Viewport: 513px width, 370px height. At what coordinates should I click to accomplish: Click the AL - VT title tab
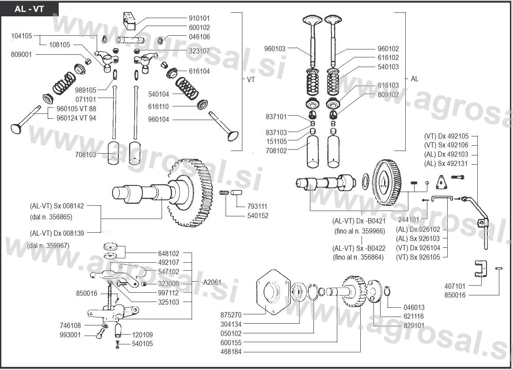click(x=29, y=9)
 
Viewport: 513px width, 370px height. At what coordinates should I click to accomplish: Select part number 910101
click(x=199, y=19)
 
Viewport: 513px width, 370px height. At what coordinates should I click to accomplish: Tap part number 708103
click(x=85, y=155)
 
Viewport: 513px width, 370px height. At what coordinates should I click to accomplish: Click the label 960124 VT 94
click(x=76, y=118)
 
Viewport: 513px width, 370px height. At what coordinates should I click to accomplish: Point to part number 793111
click(x=257, y=206)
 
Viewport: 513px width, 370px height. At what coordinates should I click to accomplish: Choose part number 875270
click(x=231, y=315)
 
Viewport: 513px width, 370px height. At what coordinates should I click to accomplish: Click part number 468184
click(x=231, y=352)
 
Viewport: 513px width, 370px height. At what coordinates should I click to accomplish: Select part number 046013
click(x=414, y=307)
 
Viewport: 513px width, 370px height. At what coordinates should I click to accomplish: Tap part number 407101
click(x=455, y=286)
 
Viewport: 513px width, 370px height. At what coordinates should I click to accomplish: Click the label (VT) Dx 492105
click(x=446, y=136)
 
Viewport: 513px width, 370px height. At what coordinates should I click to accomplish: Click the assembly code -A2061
click(x=211, y=282)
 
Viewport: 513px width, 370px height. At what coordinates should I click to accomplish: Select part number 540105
click(x=142, y=344)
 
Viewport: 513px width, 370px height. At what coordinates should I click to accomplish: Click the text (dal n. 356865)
click(x=51, y=216)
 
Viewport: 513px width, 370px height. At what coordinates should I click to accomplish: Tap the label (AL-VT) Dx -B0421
click(x=358, y=221)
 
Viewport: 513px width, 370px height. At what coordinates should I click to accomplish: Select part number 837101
click(x=276, y=117)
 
